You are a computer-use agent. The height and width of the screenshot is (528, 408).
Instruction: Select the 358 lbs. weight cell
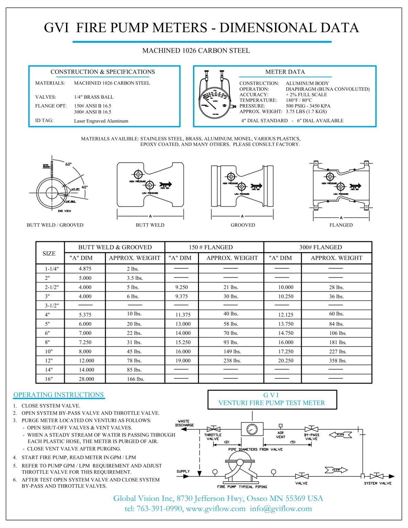[338, 361]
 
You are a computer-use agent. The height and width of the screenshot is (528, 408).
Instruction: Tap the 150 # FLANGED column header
[210, 247]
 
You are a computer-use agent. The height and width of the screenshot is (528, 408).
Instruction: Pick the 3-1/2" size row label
[52, 306]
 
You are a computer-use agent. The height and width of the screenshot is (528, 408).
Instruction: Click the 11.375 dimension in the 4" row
[183, 315]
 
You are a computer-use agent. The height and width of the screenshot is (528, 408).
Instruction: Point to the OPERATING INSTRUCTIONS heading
[58, 395]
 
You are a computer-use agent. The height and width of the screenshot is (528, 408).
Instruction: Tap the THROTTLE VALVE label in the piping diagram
[213, 437]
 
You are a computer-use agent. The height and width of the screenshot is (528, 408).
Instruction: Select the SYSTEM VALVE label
[378, 483]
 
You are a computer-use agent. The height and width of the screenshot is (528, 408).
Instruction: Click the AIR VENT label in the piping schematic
[280, 435]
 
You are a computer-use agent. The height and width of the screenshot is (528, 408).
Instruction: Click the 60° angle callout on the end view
[69, 164]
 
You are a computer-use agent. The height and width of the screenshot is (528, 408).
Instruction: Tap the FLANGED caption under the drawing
[341, 225]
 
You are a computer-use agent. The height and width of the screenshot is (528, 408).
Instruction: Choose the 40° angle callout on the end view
[85, 187]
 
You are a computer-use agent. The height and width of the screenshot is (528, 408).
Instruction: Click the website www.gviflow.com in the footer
[216, 509]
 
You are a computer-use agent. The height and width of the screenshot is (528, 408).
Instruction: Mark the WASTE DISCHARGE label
[184, 423]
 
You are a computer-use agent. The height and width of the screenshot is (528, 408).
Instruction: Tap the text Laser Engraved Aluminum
[101, 121]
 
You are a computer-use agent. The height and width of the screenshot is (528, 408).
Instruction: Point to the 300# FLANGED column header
[320, 247]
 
